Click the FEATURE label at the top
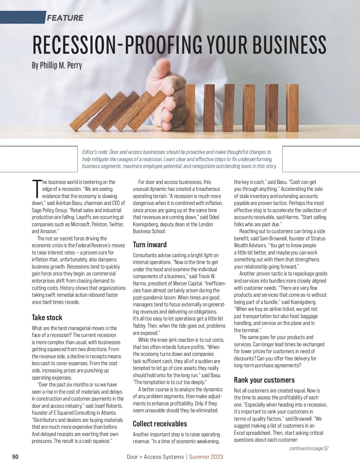(65, 18)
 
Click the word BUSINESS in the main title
(289, 44)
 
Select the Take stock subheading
(47, 317)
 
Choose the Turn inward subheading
(150, 245)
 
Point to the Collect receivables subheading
(160, 424)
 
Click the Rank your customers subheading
(264, 380)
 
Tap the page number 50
(15, 457)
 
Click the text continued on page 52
(309, 448)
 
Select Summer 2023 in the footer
(206, 457)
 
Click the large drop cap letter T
(36, 189)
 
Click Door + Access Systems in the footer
(155, 457)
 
